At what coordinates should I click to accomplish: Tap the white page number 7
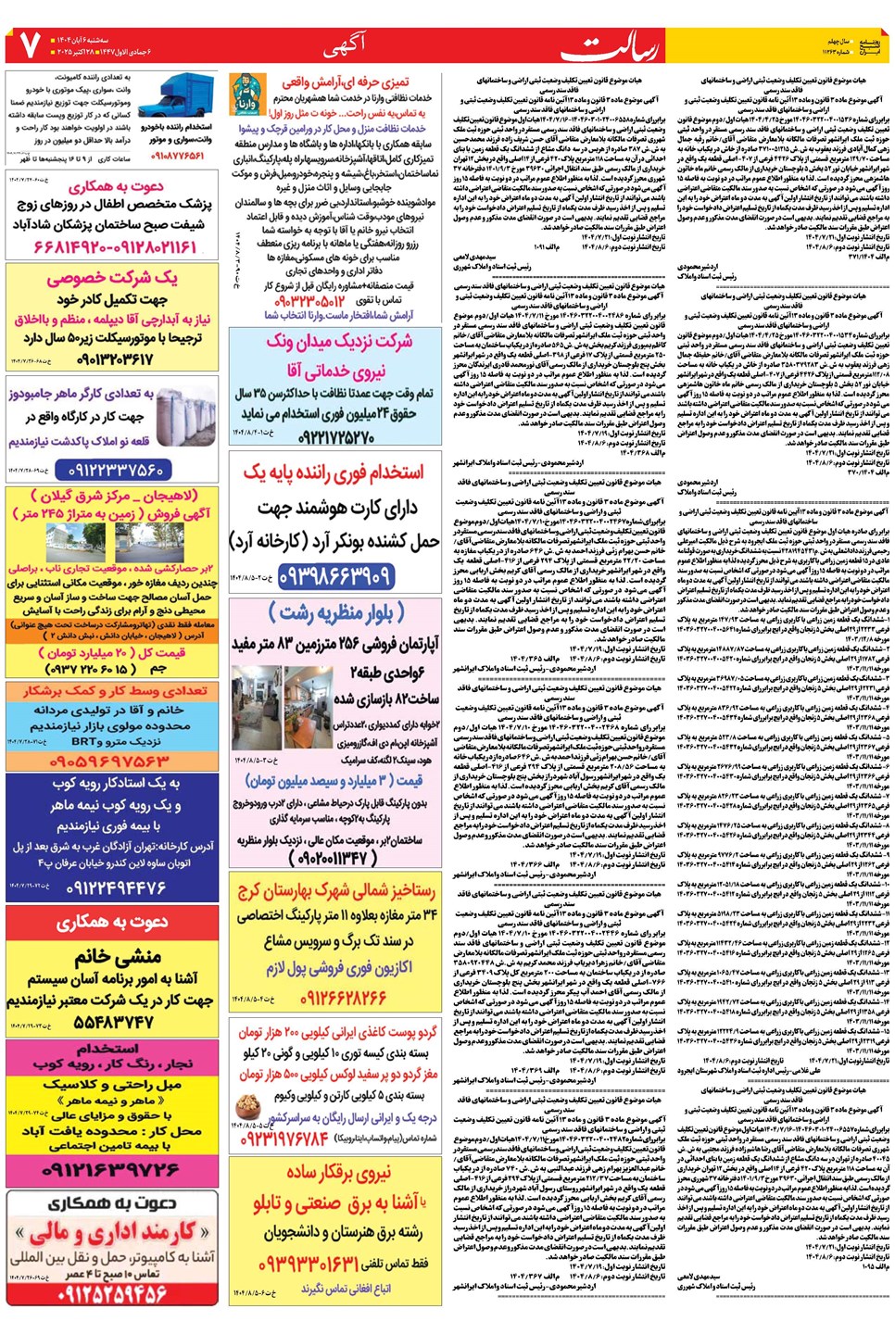tap(25, 44)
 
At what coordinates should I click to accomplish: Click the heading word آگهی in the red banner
tap(345, 44)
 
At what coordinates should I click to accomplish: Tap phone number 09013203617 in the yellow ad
tap(115, 358)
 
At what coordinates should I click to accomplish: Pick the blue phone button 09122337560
tap(116, 470)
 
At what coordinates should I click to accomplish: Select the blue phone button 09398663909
tap(335, 575)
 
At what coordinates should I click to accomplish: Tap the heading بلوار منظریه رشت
tap(336, 612)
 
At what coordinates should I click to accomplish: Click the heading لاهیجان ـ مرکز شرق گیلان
tap(114, 496)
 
